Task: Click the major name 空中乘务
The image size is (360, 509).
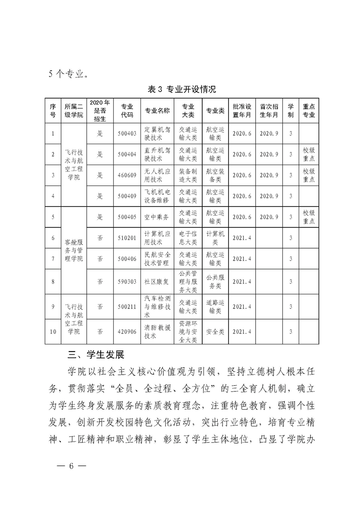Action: pyautogui.click(x=157, y=217)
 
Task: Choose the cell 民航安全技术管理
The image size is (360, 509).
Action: pyautogui.click(x=157, y=259)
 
